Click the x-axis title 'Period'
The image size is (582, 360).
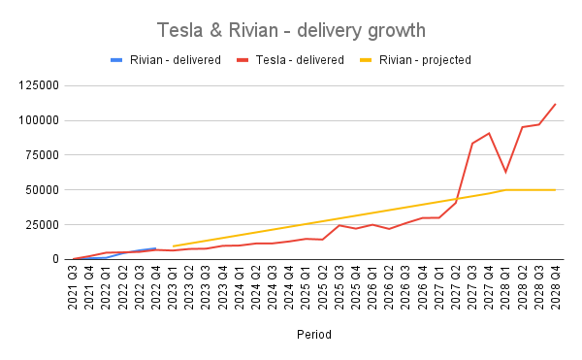tap(314, 335)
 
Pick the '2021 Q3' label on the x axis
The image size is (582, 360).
tap(74, 286)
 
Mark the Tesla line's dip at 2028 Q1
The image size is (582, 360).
tap(505, 172)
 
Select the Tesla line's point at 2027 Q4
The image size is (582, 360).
tap(489, 133)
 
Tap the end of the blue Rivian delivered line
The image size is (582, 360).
tap(156, 248)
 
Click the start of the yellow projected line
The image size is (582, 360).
tap(173, 246)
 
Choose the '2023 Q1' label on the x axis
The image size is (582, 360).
tap(173, 286)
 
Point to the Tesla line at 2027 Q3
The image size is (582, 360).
tap(472, 144)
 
